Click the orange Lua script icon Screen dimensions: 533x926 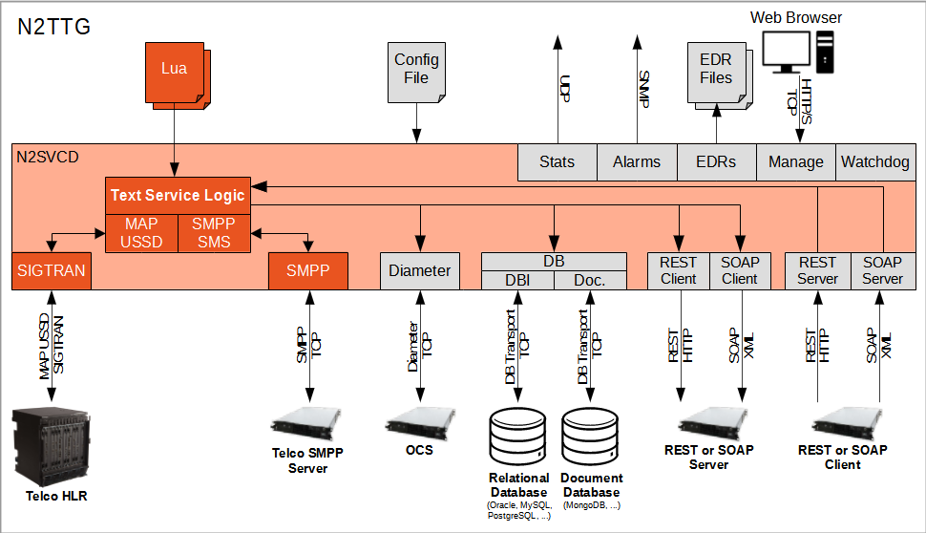pos(174,70)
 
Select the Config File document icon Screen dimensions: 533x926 pos(416,70)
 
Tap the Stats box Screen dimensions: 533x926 pos(557,161)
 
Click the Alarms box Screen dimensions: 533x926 pos(637,161)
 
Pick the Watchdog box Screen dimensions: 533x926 pos(874,161)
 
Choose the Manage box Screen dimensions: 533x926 pos(795,161)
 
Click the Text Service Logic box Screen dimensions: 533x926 pos(178,195)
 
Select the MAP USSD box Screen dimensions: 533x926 pos(141,233)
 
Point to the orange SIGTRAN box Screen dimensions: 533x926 pos(51,270)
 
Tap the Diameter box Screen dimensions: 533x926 pos(420,270)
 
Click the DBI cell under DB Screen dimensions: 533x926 pos(516,280)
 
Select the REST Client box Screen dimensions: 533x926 pos(679,270)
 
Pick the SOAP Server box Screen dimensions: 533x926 pos(882,270)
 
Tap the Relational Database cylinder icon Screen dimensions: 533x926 pos(517,436)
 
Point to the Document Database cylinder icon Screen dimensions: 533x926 pos(591,436)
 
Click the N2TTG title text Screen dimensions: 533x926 pos(54,27)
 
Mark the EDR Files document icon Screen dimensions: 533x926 pos(716,70)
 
